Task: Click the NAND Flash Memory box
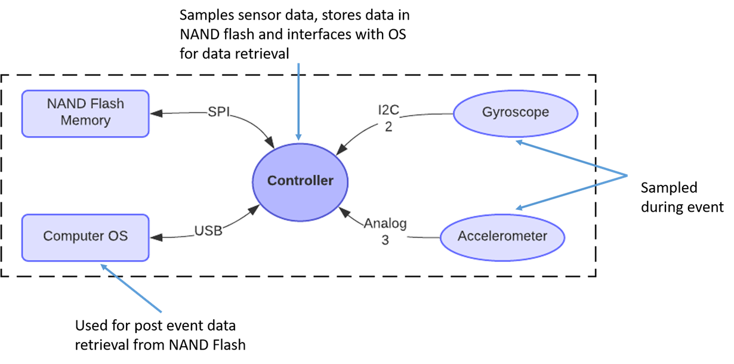pos(85,114)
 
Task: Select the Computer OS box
pos(85,238)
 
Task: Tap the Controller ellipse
pos(300,182)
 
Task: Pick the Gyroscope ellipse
pos(516,114)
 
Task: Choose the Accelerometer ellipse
pos(502,237)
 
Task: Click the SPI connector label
pos(219,112)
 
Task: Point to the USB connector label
pos(208,231)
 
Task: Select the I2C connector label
pos(388,110)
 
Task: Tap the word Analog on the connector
pos(385,223)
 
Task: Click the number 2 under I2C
pos(388,127)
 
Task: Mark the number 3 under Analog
pos(385,240)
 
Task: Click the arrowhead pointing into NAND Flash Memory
pos(156,114)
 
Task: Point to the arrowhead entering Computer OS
pos(156,237)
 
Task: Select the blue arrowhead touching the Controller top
pos(298,137)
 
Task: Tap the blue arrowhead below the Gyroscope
pos(520,142)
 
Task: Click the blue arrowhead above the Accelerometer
pos(520,208)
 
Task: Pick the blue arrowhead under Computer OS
pos(104,267)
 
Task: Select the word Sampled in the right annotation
pos(669,189)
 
